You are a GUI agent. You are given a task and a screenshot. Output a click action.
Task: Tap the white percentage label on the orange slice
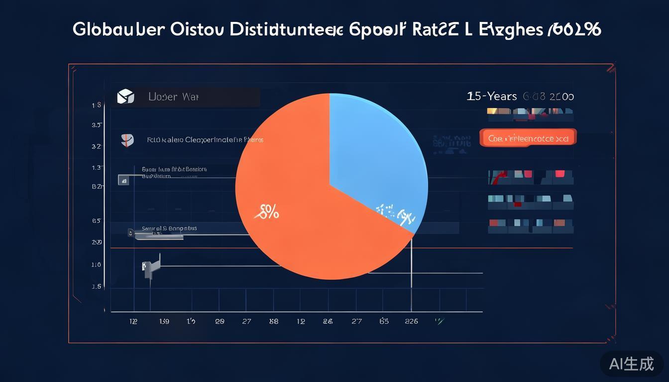pyautogui.click(x=268, y=213)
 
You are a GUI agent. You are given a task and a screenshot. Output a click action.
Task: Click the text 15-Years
pyautogui.click(x=492, y=96)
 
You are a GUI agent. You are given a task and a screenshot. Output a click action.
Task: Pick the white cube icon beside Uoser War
pyautogui.click(x=125, y=96)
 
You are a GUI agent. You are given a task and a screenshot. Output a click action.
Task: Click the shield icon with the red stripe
pyautogui.click(x=127, y=140)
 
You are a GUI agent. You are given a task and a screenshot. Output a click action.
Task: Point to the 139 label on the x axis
pyautogui.click(x=164, y=321)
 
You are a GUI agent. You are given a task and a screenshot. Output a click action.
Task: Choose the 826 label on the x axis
pyautogui.click(x=411, y=321)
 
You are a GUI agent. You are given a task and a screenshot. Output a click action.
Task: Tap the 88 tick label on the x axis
pyautogui.click(x=273, y=321)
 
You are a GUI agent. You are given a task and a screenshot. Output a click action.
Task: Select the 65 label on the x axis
pyautogui.click(x=384, y=321)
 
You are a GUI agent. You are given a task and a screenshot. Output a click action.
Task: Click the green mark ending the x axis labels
pyautogui.click(x=439, y=321)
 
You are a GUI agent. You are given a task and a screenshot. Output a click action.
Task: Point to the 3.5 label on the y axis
pyautogui.click(x=97, y=125)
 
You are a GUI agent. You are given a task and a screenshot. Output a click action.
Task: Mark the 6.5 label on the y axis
pyautogui.click(x=97, y=220)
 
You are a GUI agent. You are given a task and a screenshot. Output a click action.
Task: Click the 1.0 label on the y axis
pyautogui.click(x=97, y=265)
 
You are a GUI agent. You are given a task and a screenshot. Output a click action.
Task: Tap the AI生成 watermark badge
pyautogui.click(x=631, y=364)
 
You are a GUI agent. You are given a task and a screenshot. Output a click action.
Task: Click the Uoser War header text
pyautogui.click(x=173, y=96)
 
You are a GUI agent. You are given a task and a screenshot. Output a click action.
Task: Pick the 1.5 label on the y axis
pyautogui.click(x=97, y=286)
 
